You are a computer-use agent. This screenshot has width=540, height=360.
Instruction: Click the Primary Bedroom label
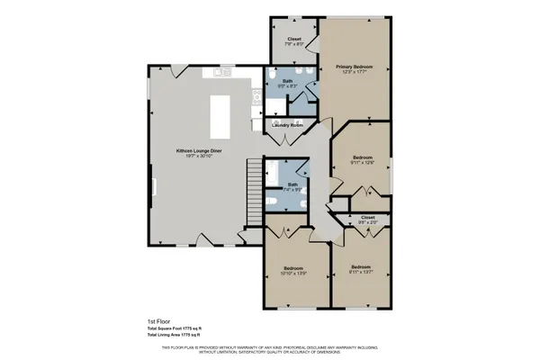pos(355,67)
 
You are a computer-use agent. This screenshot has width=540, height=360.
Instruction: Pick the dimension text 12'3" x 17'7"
pos(355,73)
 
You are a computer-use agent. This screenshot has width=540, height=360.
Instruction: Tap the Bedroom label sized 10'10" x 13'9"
pos(293,269)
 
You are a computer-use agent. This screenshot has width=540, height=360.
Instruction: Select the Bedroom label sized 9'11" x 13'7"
pos(362,269)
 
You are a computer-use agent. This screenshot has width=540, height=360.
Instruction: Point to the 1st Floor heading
pos(158,319)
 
